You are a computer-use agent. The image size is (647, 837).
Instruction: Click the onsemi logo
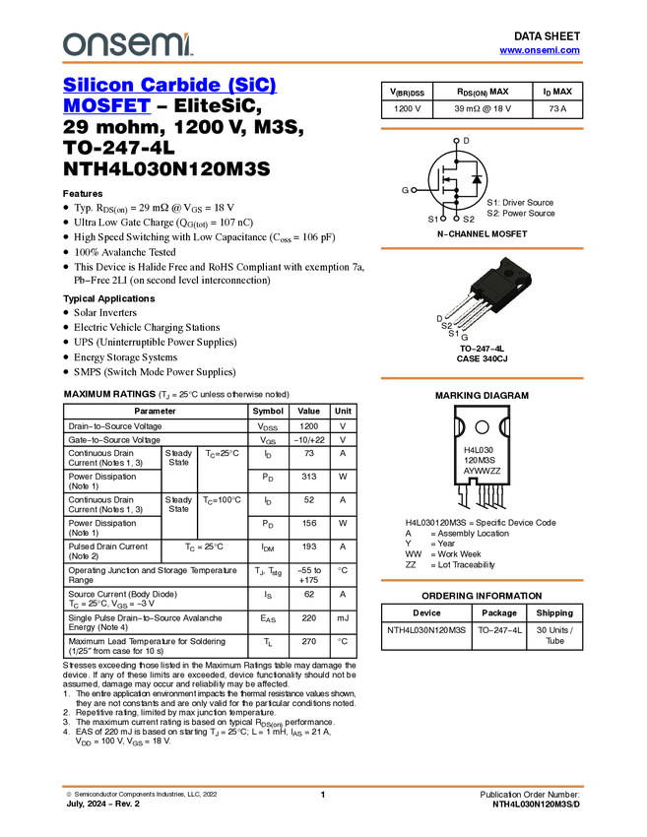128,43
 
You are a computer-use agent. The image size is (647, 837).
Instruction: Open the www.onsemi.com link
540,50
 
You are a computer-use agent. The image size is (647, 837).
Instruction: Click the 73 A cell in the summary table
557,109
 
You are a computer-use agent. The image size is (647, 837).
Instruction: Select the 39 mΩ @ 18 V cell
483,109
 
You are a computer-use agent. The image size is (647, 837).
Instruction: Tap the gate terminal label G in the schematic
405,190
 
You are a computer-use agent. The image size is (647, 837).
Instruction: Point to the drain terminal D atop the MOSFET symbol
466,141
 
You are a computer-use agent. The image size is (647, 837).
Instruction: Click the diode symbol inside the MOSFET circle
477,179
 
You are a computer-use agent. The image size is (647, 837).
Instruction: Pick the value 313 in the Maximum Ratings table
309,477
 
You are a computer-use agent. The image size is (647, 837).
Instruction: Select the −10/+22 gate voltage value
309,440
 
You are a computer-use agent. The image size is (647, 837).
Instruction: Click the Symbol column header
268,411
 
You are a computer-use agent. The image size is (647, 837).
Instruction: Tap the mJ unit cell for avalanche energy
343,618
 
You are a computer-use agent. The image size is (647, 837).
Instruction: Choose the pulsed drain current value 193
309,547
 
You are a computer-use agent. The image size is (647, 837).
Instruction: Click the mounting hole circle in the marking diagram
482,427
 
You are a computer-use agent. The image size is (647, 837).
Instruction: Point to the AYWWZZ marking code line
482,471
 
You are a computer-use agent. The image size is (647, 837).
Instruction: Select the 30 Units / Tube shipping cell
554,635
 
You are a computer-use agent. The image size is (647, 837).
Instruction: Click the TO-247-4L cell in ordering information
499,630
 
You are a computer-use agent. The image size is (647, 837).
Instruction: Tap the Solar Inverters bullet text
105,313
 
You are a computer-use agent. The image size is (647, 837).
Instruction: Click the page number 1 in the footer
323,795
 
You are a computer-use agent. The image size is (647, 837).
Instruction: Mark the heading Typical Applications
109,299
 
